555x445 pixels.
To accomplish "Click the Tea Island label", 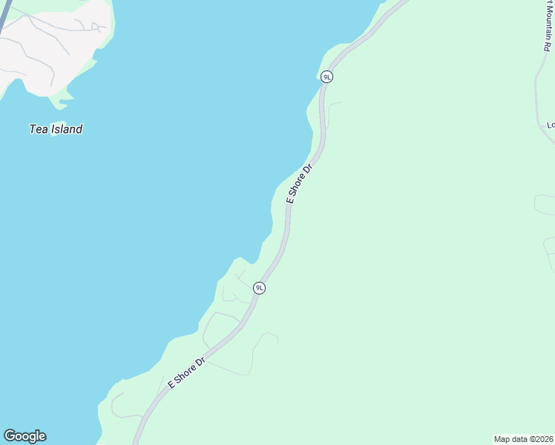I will point(56,129).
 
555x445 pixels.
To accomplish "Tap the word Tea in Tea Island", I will point(38,129).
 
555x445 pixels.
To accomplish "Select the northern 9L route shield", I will point(326,76).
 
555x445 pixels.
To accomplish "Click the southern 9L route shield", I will point(259,288).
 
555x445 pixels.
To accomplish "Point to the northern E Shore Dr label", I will point(301,184).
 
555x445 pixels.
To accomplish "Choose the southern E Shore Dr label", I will point(186,373).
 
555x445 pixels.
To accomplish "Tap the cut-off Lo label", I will point(550,125).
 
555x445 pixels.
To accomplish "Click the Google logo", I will point(24,436).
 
